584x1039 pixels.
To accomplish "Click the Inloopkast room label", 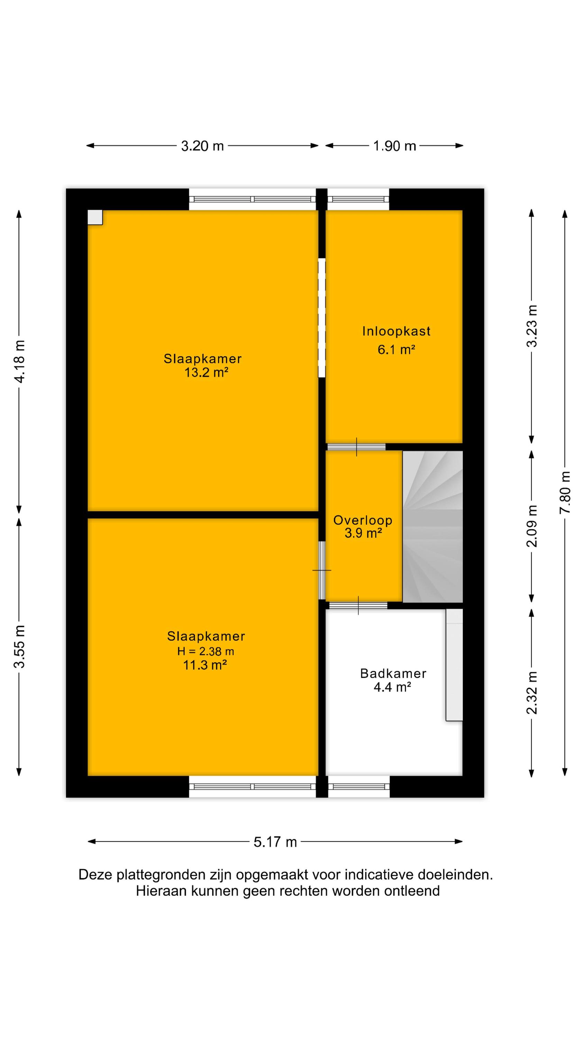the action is click(x=396, y=331).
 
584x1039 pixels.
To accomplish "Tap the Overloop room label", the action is click(x=363, y=520).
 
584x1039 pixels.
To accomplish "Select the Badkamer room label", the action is click(x=393, y=673).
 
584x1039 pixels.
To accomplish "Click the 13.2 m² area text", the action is click(x=206, y=372).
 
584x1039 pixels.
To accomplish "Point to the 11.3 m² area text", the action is click(x=205, y=665).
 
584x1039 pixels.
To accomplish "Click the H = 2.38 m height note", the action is click(x=206, y=651).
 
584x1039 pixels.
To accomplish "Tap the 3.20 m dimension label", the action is click(x=202, y=145).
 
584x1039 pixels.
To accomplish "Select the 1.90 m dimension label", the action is click(x=394, y=145).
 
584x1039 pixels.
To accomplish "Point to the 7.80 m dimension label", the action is click(x=565, y=492).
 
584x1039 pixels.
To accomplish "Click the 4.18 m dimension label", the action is click(x=19, y=361).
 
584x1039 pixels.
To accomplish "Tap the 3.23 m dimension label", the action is click(x=532, y=326).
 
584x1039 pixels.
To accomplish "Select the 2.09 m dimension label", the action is click(x=532, y=526).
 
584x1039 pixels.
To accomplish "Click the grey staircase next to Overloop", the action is click(x=432, y=526).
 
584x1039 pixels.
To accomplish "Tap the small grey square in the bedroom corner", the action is click(x=95, y=217).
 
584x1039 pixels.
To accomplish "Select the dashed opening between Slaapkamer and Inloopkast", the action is click(x=322, y=318).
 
